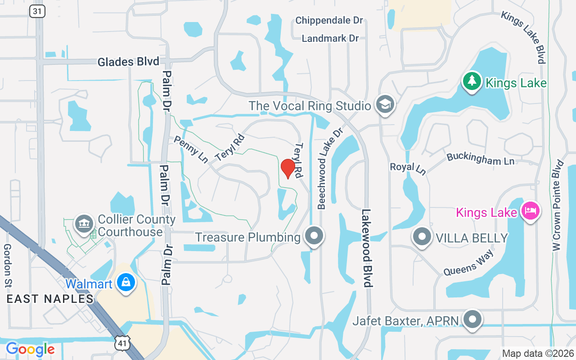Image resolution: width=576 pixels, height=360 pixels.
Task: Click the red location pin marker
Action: [288, 168]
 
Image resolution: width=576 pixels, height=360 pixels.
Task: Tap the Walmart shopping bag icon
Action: [126, 283]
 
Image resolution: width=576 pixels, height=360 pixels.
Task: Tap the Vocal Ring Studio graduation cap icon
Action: [386, 105]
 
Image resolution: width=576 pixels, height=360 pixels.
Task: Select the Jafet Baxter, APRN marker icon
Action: [472, 320]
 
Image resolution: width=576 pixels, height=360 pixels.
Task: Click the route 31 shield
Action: [37, 11]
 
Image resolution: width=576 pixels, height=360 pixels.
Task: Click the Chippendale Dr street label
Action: [329, 21]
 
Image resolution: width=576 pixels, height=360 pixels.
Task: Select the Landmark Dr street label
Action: [330, 39]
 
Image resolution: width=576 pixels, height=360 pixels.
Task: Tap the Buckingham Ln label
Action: [480, 158]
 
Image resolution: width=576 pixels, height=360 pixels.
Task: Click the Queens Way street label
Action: [468, 263]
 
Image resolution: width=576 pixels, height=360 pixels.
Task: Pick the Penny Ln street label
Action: [191, 149]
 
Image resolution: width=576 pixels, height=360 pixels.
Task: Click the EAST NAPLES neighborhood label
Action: [50, 298]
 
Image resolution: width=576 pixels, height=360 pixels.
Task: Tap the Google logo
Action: [30, 349]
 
